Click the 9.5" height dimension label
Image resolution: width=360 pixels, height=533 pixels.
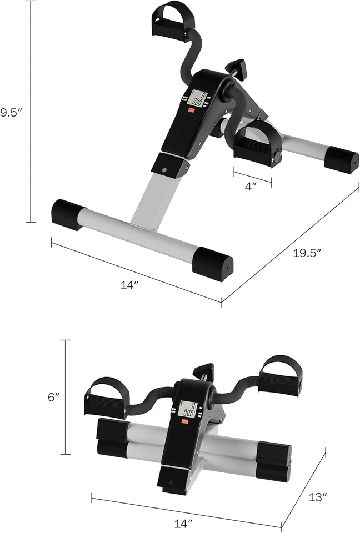(11, 112)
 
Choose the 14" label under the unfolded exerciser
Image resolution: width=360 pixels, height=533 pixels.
(129, 285)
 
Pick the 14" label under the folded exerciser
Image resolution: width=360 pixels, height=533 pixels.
(186, 522)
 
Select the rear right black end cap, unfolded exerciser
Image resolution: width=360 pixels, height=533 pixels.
(341, 160)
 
